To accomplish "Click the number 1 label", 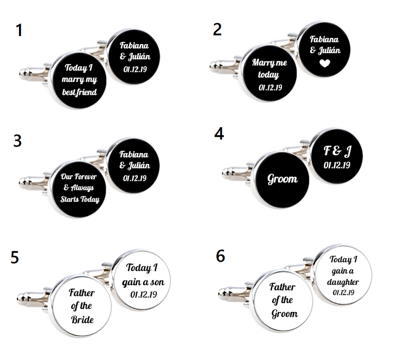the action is (x=19, y=30).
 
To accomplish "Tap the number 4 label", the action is (x=219, y=134).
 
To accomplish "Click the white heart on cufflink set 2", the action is (x=325, y=63).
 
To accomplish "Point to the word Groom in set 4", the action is (x=282, y=179).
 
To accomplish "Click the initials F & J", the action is (x=338, y=151).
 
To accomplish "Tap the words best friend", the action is (x=79, y=92).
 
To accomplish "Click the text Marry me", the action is (x=270, y=62).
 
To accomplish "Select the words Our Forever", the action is (x=79, y=177).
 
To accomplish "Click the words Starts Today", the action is (x=80, y=199).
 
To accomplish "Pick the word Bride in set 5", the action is (x=83, y=320).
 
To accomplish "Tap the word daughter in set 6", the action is (x=343, y=282).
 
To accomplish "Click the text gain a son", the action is (x=143, y=282).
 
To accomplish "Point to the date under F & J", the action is (x=337, y=165).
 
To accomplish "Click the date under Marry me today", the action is (x=271, y=88).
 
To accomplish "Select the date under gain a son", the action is (x=143, y=294).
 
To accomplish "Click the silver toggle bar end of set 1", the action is (x=24, y=73).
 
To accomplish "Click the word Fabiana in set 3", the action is (x=134, y=155).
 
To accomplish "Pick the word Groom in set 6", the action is (x=284, y=313).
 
